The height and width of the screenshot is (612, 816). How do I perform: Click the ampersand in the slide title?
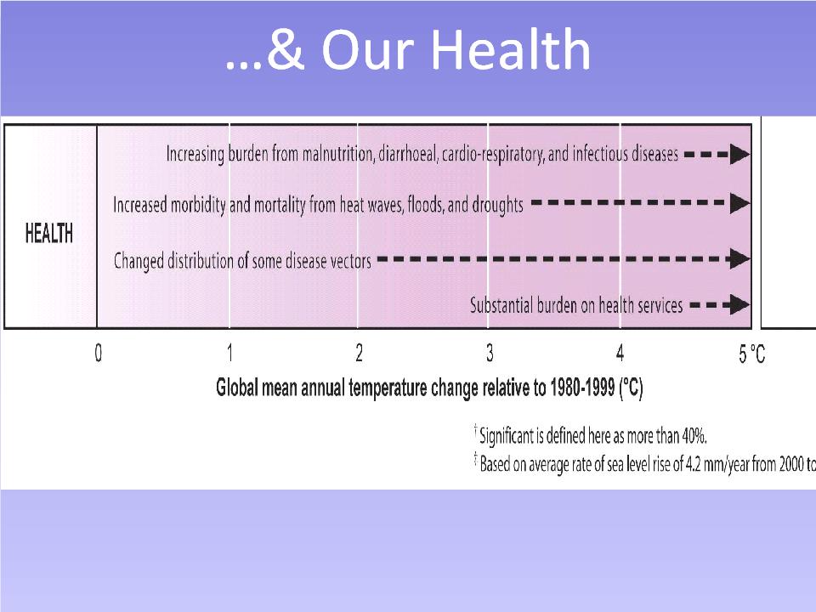coord(286,49)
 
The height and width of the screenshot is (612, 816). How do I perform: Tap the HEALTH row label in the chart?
coord(49,233)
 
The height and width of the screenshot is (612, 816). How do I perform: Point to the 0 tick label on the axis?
coord(99,354)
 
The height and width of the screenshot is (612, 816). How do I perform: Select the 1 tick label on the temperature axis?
coord(230,354)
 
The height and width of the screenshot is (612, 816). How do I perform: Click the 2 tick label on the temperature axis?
coord(359,354)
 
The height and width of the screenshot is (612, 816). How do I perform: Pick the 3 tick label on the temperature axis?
coord(490,354)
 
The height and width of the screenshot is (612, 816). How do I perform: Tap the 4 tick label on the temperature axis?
coord(620,354)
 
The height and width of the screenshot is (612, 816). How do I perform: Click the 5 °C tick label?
coord(752,354)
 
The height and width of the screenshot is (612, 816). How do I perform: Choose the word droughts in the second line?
coord(497,205)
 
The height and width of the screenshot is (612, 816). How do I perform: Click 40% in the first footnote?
coord(694,435)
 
